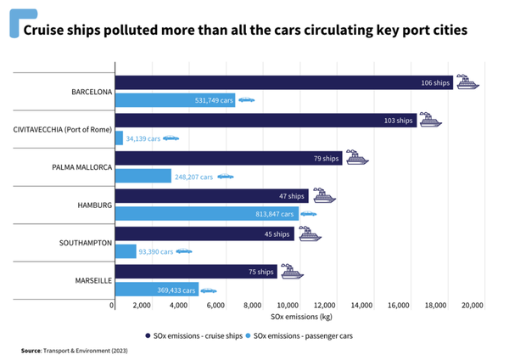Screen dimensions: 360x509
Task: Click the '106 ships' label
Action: (x=436, y=82)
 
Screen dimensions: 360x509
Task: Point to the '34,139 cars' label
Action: (x=143, y=138)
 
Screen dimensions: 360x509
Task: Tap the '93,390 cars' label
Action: (x=155, y=251)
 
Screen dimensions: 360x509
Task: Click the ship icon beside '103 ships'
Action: (x=431, y=120)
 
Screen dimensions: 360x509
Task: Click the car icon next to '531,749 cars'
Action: (x=245, y=100)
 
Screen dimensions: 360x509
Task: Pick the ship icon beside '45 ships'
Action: (x=310, y=233)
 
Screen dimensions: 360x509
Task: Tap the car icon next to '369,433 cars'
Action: (x=208, y=290)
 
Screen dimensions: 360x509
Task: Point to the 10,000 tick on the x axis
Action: (x=288, y=305)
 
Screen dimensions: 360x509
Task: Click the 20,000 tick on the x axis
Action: (x=471, y=305)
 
